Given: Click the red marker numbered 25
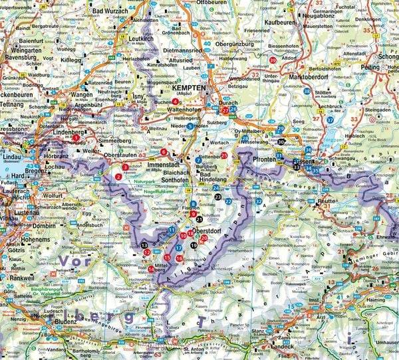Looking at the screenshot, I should [224, 155].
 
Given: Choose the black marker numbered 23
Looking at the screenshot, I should [217, 197].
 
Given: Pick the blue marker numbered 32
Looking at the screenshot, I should [258, 201].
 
